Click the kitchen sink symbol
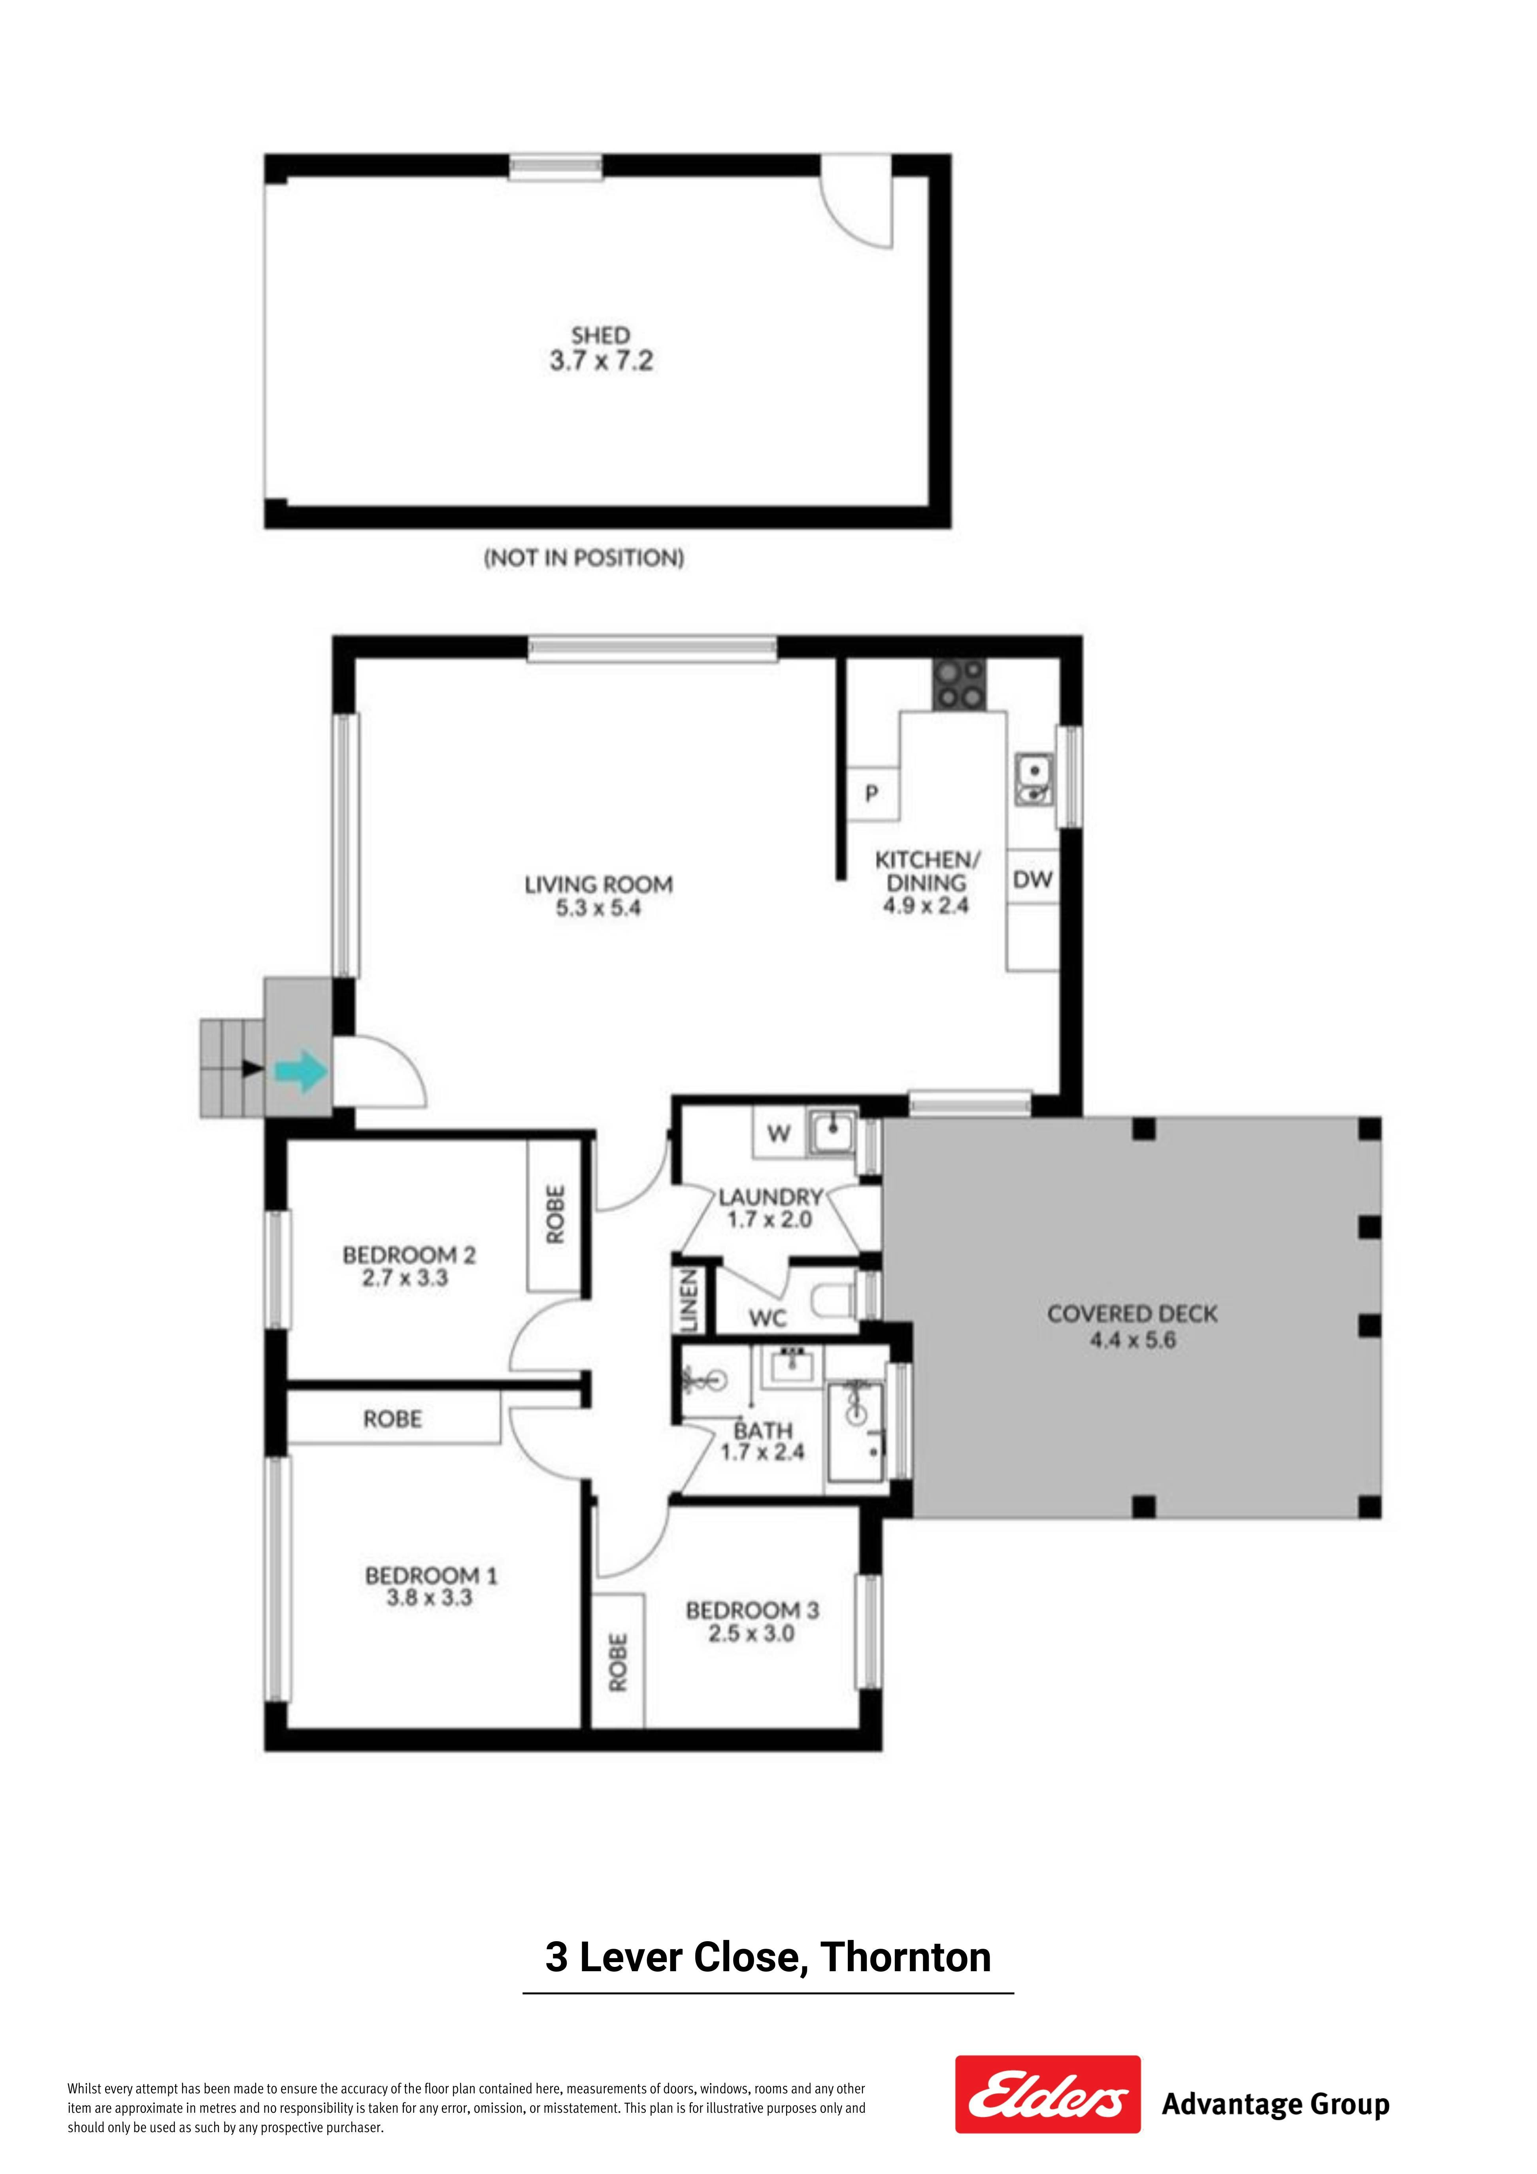point(1033,779)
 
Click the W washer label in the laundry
point(779,1133)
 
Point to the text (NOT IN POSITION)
point(584,558)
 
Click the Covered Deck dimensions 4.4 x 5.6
point(1133,1340)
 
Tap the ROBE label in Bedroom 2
point(555,1215)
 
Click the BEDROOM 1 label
point(431,1576)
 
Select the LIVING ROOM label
point(598,884)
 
